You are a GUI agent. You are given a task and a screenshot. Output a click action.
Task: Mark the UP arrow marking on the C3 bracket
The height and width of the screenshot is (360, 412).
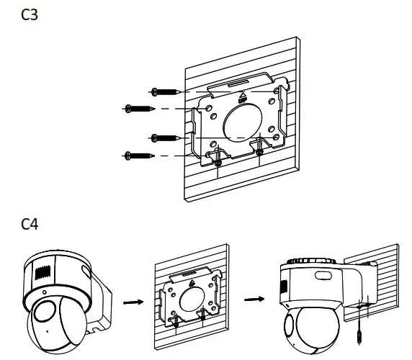(x=242, y=95)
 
